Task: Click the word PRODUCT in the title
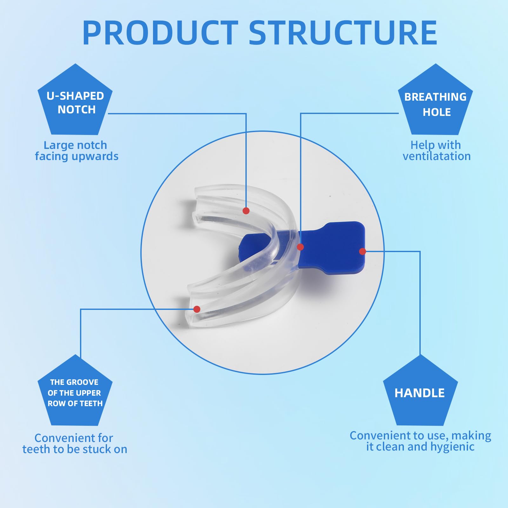coord(160,32)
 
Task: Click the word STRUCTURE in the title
coord(343,32)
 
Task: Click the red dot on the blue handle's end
coord(363,251)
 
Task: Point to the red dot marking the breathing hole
coord(300,247)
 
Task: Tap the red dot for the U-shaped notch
coord(246,211)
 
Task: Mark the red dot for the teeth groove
coord(197,309)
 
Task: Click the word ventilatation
coord(437,156)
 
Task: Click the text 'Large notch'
coord(75,145)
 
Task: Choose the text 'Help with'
coord(436,145)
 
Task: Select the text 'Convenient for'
coord(74,438)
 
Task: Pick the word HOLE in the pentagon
coord(437,112)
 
